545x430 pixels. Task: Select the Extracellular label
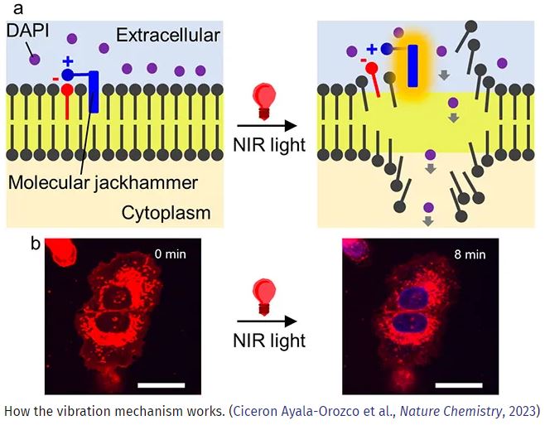[x=168, y=35]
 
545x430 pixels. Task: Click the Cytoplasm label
[x=165, y=213]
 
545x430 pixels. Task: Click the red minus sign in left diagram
[x=55, y=78]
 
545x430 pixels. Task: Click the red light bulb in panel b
[x=265, y=294]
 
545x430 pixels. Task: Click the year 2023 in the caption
[x=524, y=410]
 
